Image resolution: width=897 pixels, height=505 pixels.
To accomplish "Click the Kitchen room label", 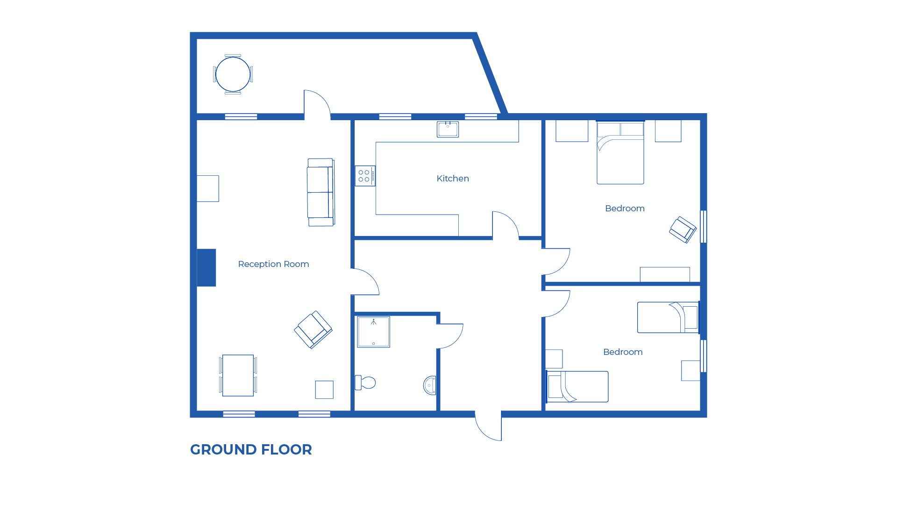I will [x=452, y=179].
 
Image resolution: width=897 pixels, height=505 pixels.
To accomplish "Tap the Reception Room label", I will [x=273, y=264].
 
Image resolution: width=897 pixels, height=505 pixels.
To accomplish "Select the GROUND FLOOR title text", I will [x=251, y=449].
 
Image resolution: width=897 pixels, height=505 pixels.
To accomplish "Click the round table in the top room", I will [x=233, y=74].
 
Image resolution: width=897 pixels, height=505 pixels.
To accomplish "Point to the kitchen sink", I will [x=448, y=129].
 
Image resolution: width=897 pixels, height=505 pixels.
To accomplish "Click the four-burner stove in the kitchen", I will [x=364, y=176].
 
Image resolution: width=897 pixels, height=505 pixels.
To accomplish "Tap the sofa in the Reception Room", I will [x=320, y=192].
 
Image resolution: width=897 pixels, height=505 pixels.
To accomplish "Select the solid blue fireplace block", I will [x=206, y=267].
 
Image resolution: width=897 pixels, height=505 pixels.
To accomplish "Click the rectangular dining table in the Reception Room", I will [x=238, y=375].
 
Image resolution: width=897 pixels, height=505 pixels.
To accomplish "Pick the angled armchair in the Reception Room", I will [x=313, y=330].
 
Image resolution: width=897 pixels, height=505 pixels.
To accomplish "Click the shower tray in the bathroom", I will [x=373, y=332].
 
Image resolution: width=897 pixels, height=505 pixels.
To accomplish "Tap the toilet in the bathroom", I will [x=365, y=382].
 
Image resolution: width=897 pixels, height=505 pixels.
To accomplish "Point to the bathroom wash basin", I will [x=430, y=385].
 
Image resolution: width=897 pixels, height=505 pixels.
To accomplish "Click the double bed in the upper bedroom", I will [x=620, y=153].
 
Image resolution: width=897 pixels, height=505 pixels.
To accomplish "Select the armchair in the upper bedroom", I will [x=683, y=230].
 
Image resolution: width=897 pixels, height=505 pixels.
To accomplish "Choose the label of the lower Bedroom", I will [x=623, y=352].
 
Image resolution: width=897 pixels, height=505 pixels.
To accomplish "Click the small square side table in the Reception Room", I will [x=324, y=390].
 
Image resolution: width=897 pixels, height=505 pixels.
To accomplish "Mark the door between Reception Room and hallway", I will [x=365, y=282].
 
